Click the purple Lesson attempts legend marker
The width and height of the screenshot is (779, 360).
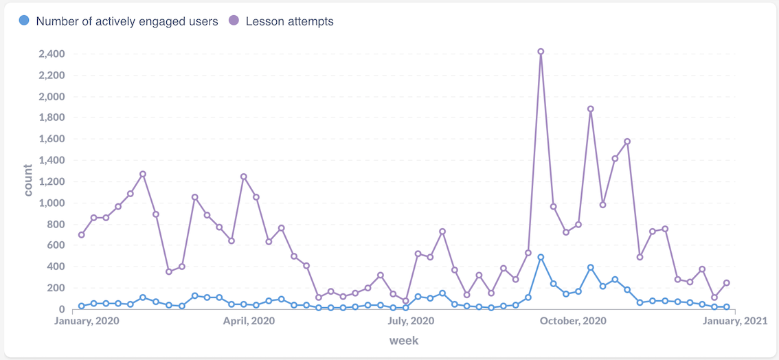(x=234, y=21)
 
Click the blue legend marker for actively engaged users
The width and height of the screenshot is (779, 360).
(x=25, y=21)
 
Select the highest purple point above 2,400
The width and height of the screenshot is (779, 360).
(x=541, y=52)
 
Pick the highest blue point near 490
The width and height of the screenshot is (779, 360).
(x=541, y=257)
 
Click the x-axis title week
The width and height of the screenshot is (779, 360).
(x=404, y=340)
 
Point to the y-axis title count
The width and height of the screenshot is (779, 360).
(x=28, y=180)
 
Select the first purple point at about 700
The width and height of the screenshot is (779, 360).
(x=82, y=235)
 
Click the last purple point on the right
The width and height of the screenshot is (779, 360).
(x=726, y=283)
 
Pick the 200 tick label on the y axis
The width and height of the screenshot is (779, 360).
(x=55, y=289)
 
